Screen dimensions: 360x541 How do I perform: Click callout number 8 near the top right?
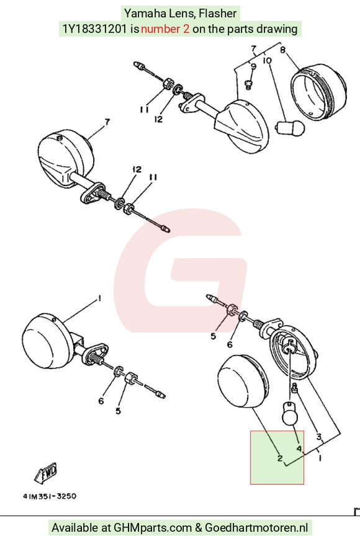pos(282,50)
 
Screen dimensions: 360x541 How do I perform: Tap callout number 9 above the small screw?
pos(254,66)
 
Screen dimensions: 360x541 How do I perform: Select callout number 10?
pos(268,60)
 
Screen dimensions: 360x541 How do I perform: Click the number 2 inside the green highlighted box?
pos(280,458)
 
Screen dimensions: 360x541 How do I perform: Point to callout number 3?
pos(319,437)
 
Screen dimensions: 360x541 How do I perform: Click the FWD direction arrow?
pos(46,473)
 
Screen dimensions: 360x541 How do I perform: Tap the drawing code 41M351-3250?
pos(50,496)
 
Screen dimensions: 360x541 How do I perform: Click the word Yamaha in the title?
pos(145,14)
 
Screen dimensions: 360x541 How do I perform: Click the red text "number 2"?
pos(165,29)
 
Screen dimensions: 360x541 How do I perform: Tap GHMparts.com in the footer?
pos(153,528)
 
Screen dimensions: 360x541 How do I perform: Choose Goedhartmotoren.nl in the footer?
pos(256,528)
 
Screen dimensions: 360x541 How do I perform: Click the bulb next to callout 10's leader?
pos(290,128)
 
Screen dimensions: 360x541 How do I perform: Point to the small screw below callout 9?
pos(248,84)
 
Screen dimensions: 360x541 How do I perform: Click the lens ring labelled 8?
pos(318,93)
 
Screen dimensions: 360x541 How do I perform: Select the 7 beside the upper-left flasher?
pos(107,122)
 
